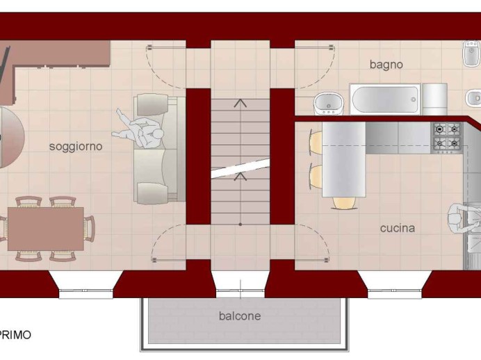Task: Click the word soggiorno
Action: tap(76, 147)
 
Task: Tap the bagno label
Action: tap(386, 65)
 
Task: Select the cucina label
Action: tap(398, 228)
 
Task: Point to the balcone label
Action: tap(240, 316)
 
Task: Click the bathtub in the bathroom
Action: tap(385, 99)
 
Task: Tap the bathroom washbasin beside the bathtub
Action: tap(329, 104)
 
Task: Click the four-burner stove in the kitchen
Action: tap(447, 138)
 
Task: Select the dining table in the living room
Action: tap(46, 229)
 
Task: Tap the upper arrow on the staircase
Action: tap(241, 103)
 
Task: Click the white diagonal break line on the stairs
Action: tap(241, 168)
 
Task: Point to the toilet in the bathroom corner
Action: tap(471, 54)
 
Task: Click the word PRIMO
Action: tap(15, 335)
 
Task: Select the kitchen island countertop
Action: tap(343, 159)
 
